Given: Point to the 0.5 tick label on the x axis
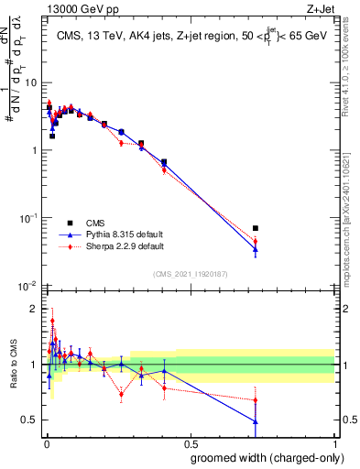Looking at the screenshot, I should tap(189, 444).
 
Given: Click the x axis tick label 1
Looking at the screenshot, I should tap(334, 444).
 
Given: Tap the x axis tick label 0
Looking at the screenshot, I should tap(44, 444).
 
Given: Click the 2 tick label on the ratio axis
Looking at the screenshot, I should tap(35, 309).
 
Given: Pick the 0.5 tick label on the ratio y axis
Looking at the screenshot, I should tap(31, 420).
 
